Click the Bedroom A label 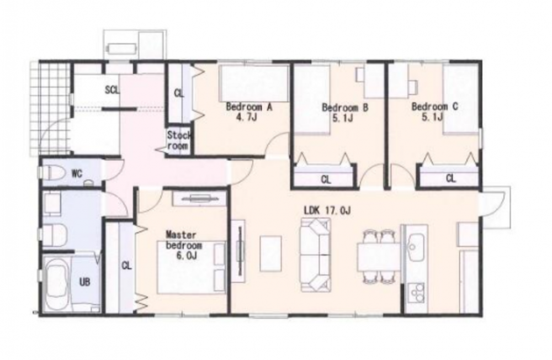pyautogui.click(x=249, y=112)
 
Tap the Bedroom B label pyautogui.click(x=345, y=112)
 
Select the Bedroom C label pyautogui.click(x=435, y=112)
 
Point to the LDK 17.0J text pyautogui.click(x=327, y=211)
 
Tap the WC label pyautogui.click(x=77, y=173)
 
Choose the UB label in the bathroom pyautogui.click(x=84, y=282)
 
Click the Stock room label pyautogui.click(x=179, y=140)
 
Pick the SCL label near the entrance pyautogui.click(x=112, y=90)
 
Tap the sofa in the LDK pyautogui.click(x=315, y=255)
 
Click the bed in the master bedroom pyautogui.click(x=191, y=267)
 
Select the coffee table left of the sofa pyautogui.click(x=270, y=253)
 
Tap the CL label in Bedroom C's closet pyautogui.click(x=450, y=178)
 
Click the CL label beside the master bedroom pyautogui.click(x=126, y=266)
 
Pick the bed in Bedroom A pyautogui.click(x=254, y=84)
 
